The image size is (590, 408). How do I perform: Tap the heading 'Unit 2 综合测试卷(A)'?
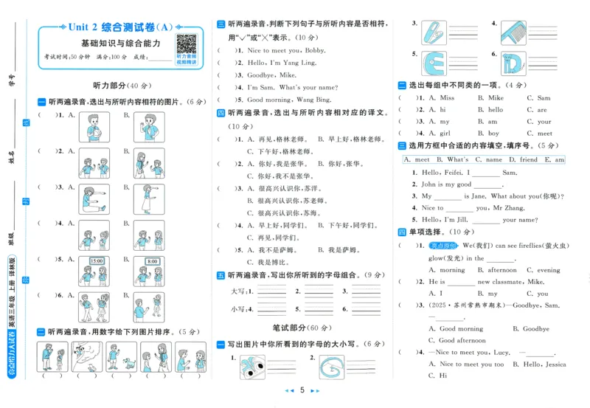coord(120,27)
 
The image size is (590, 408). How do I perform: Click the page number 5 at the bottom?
coord(302,390)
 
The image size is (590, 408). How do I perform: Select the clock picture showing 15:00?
coord(96,266)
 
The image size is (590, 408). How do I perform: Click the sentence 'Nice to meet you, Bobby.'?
coord(286,51)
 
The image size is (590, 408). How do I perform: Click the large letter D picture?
coord(518,65)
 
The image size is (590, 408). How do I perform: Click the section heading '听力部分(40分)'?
coord(120,86)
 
